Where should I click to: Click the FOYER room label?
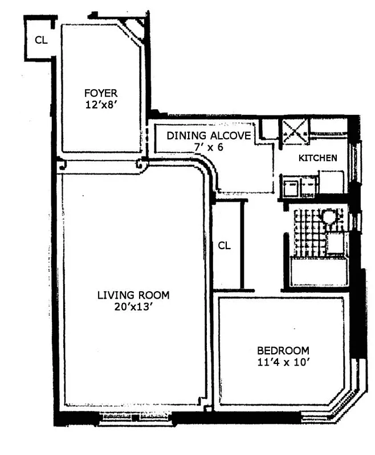[100, 93]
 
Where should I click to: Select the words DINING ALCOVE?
[208, 136]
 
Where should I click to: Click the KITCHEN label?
[317, 158]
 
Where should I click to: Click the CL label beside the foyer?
[41, 40]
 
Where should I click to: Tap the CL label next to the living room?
[225, 246]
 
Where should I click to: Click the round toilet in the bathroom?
[329, 217]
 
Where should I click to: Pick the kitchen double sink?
[299, 186]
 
